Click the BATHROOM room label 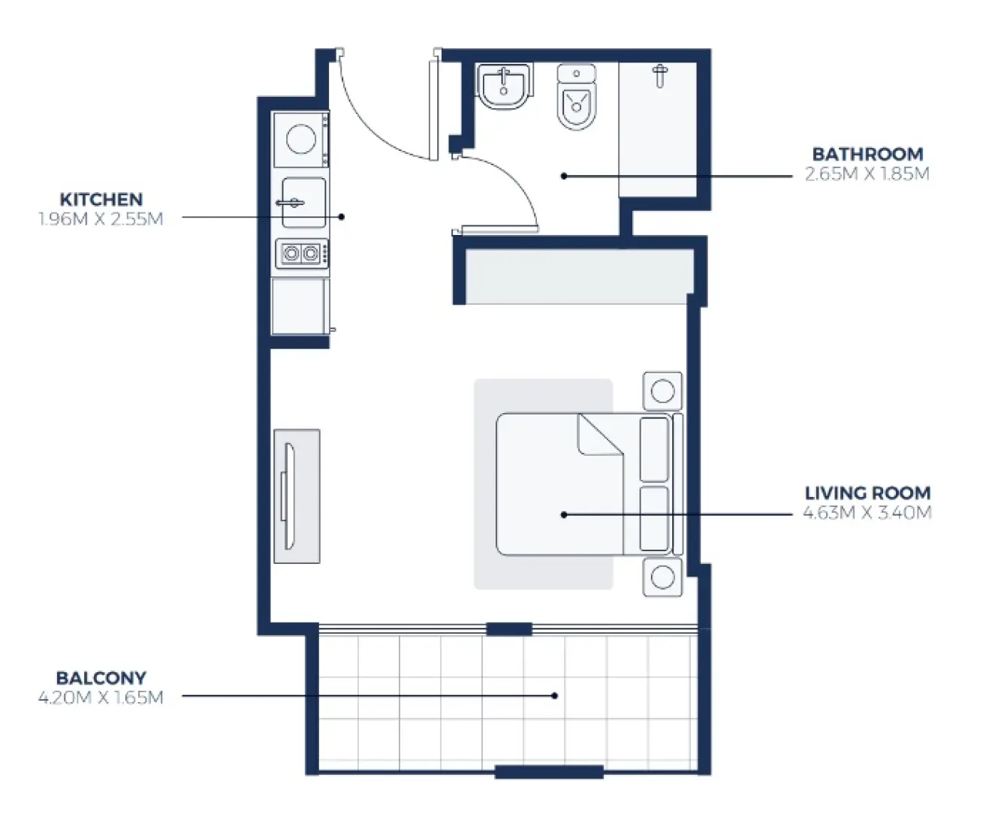click(x=867, y=154)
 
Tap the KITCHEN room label click(x=101, y=200)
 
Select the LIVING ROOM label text click(x=867, y=493)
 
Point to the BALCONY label click(x=101, y=678)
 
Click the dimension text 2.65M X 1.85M click(x=867, y=174)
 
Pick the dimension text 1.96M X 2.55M click(x=101, y=219)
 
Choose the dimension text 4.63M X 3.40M click(x=867, y=513)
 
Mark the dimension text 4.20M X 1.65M click(x=101, y=698)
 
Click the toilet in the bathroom click(x=576, y=98)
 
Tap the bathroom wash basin click(x=504, y=86)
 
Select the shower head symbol click(x=659, y=75)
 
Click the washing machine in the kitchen click(x=300, y=140)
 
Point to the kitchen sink click(x=303, y=203)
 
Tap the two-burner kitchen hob click(x=301, y=254)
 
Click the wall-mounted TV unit click(x=297, y=496)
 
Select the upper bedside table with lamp click(x=662, y=391)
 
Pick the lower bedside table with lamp click(x=662, y=577)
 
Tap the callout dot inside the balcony click(x=555, y=695)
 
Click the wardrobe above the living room click(x=578, y=276)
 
